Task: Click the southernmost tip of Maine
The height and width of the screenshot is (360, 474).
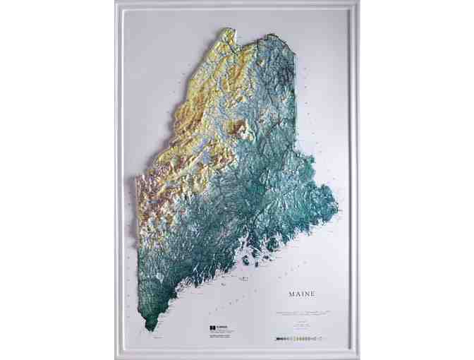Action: coord(149,329)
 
